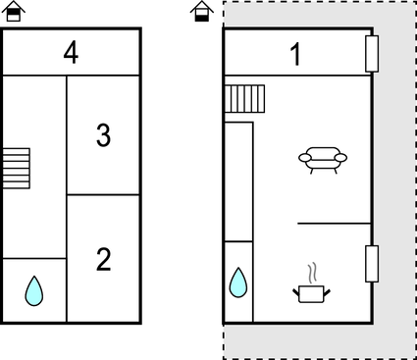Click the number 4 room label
pyautogui.click(x=71, y=52)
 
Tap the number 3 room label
pyautogui.click(x=103, y=135)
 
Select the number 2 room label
pyautogui.click(x=103, y=260)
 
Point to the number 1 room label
pyautogui.click(x=295, y=55)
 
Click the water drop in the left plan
pyautogui.click(x=34, y=290)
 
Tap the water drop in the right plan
pyautogui.click(x=238, y=283)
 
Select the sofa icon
pyautogui.click(x=323, y=158)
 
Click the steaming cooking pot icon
pyautogui.click(x=312, y=291)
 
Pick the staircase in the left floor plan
pyautogui.click(x=16, y=168)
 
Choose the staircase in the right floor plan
pyautogui.click(x=245, y=99)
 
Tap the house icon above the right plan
pyautogui.click(x=201, y=12)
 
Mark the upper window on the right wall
pyautogui.click(x=372, y=54)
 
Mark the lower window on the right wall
pyautogui.click(x=372, y=264)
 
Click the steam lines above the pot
pyautogui.click(x=312, y=272)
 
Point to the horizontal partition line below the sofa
pyautogui.click(x=334, y=224)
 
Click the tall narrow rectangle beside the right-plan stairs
pyautogui.click(x=238, y=181)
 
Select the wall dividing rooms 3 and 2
pyautogui.click(x=103, y=195)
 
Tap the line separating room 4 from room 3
pyautogui.click(x=103, y=76)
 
